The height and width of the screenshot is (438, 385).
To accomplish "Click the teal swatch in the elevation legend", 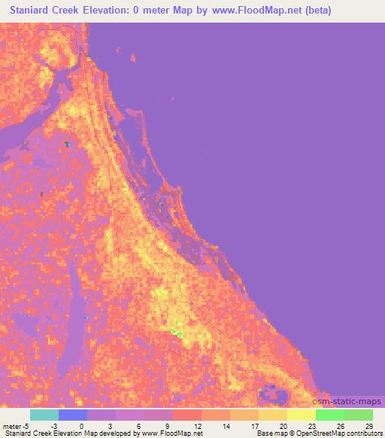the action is pos(44,415).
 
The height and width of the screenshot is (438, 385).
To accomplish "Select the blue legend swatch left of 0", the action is pos(72,415).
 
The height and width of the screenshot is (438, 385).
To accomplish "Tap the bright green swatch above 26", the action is pos(329,415).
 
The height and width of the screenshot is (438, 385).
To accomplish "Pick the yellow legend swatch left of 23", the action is pos(301,415).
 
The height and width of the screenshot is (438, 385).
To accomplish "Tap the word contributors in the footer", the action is pos(364,433).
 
